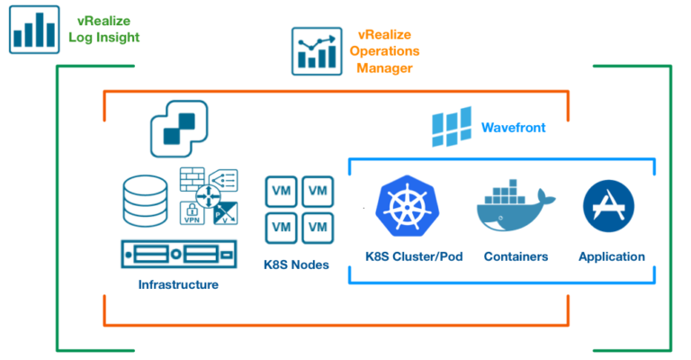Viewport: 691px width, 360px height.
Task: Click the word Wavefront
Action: click(x=513, y=128)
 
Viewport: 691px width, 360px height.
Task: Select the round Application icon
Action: click(x=610, y=206)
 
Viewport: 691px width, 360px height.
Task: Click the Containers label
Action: click(x=516, y=256)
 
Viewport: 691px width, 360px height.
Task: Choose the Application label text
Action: click(x=612, y=256)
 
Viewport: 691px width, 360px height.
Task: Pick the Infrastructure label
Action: click(x=178, y=284)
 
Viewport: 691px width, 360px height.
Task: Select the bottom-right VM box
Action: click(x=318, y=227)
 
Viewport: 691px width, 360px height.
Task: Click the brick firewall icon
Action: click(x=192, y=178)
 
